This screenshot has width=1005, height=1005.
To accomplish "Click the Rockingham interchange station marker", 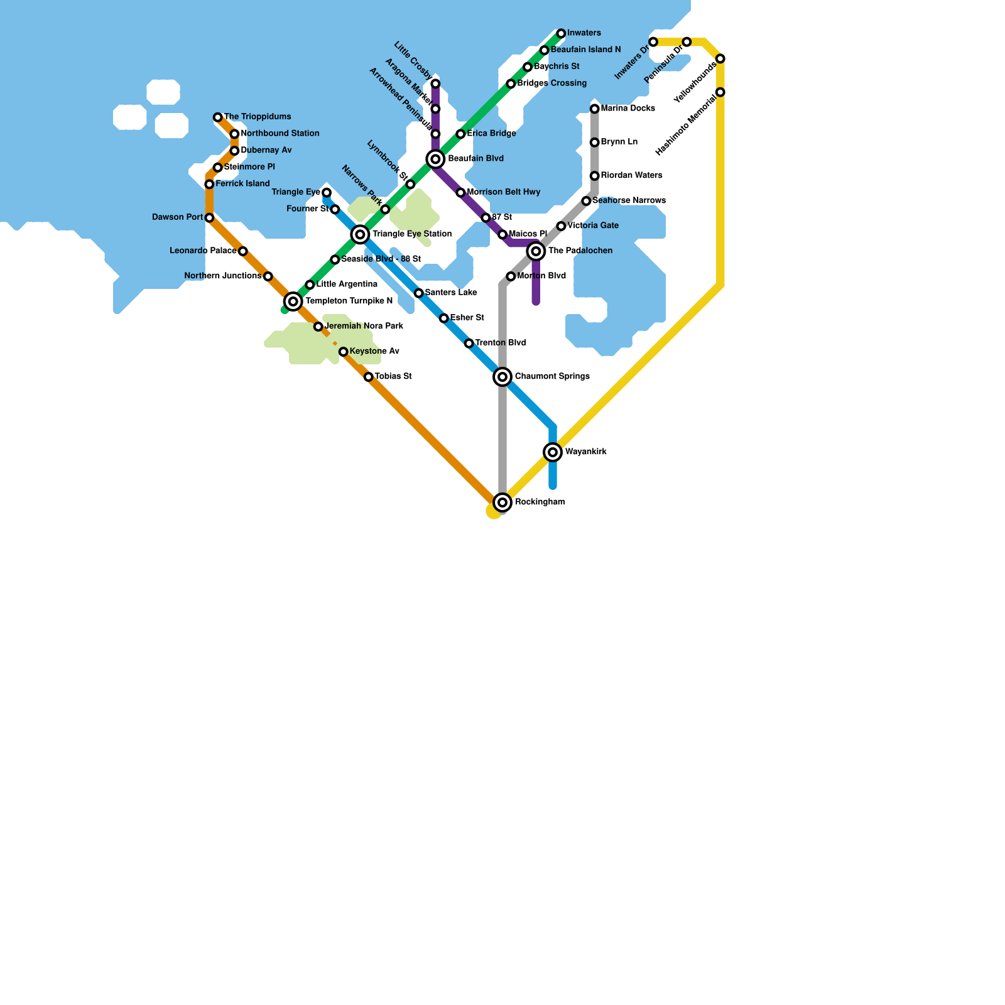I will pos(503,503).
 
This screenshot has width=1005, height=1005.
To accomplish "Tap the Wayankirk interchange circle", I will pos(553,452).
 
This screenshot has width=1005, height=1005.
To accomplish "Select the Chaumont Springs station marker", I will pos(503,377).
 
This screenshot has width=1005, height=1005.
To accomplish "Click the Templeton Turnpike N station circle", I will pos(293,301).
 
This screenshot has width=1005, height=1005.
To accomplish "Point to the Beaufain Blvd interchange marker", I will pos(435,159).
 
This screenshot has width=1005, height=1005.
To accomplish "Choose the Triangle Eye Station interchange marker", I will pos(360,234).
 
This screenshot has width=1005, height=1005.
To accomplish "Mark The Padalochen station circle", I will pos(536,251).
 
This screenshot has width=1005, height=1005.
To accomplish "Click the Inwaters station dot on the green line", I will pos(561,33).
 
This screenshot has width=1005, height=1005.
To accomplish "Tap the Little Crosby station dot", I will pos(435,84).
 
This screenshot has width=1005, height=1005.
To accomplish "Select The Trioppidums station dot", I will pos(217,117).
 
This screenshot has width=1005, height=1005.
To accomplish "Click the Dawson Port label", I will pos(177,217).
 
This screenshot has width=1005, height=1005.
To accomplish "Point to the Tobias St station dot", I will pos(369,377).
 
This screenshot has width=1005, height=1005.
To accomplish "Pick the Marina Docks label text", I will pos(627,109).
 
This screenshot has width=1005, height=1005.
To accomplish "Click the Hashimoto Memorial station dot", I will pos(720,92).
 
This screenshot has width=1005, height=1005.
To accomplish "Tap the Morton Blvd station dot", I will pos(511,276).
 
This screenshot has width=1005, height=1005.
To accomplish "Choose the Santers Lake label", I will pos(450,293).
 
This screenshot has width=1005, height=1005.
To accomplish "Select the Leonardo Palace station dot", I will pos(243,251).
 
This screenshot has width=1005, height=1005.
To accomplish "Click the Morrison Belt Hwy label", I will pos(503,192).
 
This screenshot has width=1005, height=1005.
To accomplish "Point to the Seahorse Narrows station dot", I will pos(586,201).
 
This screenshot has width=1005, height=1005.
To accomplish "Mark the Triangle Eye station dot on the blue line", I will pos(327,193).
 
